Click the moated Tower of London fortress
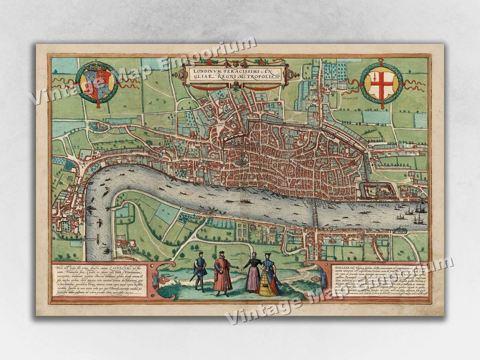tap(377, 191)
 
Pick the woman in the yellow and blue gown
tap(269, 278)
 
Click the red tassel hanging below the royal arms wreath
tap(96, 105)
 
